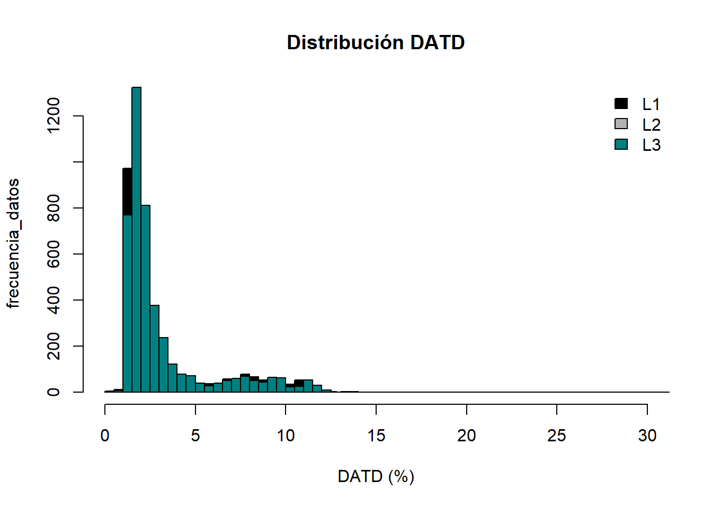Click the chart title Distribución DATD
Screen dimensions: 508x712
(x=376, y=43)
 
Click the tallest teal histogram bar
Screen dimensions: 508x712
(x=136, y=238)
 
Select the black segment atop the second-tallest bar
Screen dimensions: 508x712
(x=127, y=192)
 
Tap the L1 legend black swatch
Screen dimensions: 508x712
(x=621, y=104)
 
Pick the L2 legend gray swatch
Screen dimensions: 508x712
(x=621, y=124)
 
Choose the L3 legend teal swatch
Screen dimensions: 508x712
(x=621, y=144)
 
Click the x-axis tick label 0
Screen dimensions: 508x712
(x=105, y=436)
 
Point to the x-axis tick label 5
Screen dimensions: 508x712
(x=195, y=436)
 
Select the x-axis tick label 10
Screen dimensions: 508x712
(x=286, y=436)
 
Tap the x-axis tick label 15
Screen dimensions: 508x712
(x=376, y=436)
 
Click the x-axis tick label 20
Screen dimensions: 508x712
(x=466, y=436)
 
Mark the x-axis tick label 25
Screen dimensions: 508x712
(x=557, y=436)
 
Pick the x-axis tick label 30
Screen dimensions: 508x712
(x=647, y=436)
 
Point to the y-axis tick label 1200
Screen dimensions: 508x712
(x=54, y=115)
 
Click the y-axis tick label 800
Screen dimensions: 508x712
(x=54, y=208)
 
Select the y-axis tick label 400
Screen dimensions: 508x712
(x=54, y=300)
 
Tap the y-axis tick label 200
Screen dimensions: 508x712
(x=54, y=346)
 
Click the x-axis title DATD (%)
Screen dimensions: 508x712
(x=376, y=476)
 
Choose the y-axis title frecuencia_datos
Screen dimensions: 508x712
(x=13, y=243)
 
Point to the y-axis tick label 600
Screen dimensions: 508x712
(x=54, y=254)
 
